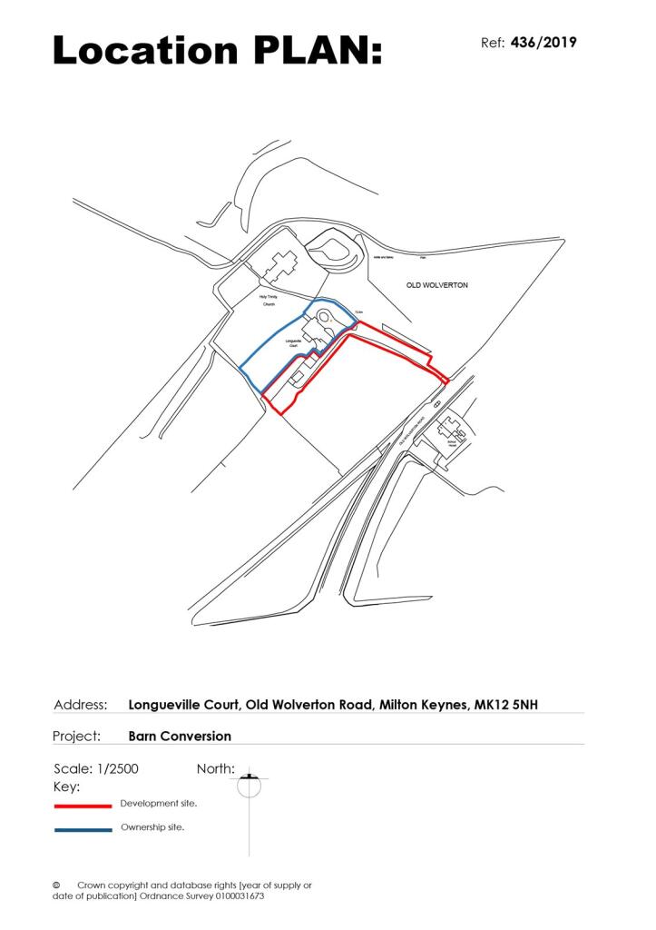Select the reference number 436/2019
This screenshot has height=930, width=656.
point(544,43)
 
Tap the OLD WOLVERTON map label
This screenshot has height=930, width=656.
point(436,285)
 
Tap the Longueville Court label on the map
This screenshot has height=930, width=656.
point(293,343)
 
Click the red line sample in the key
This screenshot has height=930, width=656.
point(83,805)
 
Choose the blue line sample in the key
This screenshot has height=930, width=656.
point(83,829)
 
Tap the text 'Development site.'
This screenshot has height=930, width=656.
point(159,804)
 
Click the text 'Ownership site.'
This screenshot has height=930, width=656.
point(152,828)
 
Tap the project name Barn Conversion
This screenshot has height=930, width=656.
point(180,736)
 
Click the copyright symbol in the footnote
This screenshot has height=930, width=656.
point(56,885)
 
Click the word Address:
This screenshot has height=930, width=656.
point(81,704)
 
